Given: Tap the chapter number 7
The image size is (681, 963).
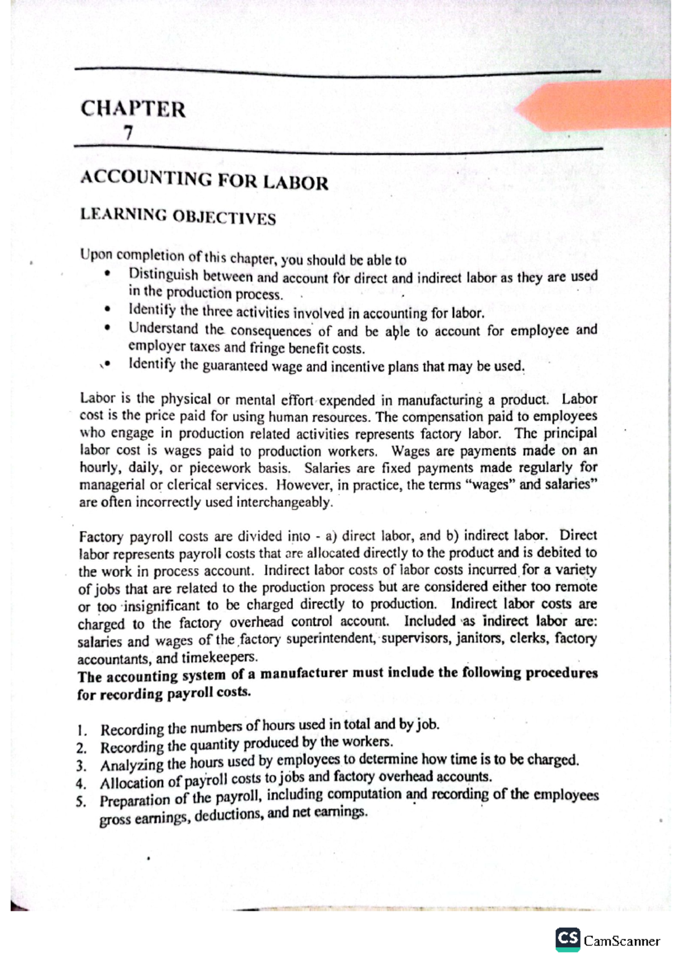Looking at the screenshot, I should [129, 133].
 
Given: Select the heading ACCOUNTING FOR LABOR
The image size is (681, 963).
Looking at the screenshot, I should [204, 181].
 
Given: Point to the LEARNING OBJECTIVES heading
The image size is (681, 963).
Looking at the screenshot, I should [178, 216].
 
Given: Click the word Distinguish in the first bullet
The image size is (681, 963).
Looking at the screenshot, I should [163, 275].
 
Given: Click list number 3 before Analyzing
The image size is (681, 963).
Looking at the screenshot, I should [82, 766].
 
